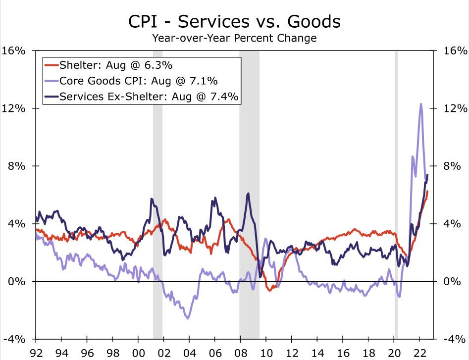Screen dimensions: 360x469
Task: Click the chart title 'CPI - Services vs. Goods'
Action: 234,22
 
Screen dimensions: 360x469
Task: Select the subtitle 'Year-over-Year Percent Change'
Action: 234,38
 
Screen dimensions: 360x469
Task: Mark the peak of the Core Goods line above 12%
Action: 421,104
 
